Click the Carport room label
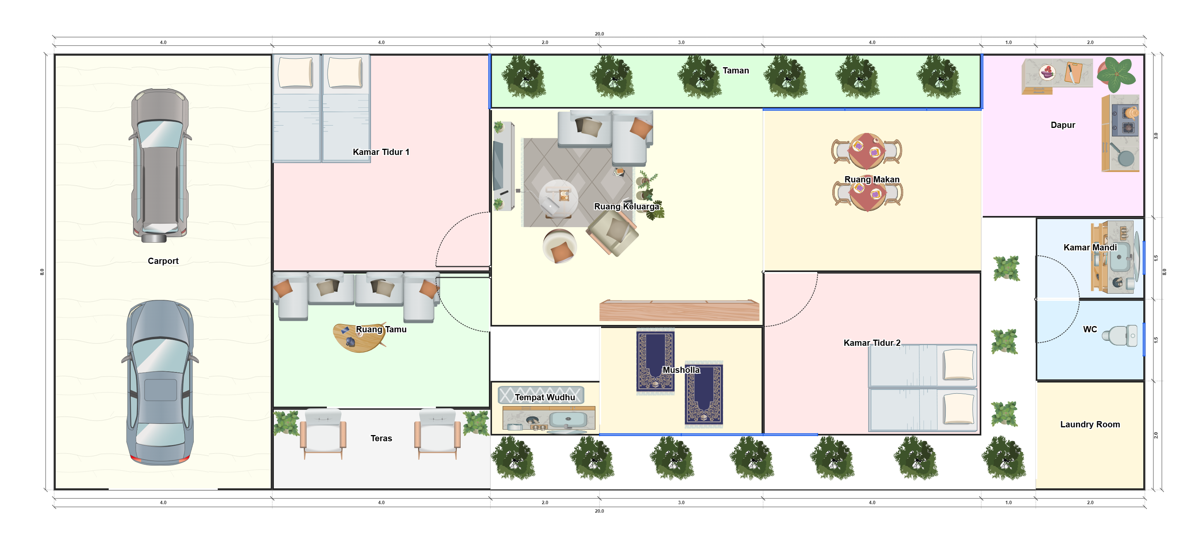tap(163, 261)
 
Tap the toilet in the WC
tap(1121, 335)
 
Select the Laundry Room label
tap(1090, 424)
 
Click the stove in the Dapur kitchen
tap(1126, 120)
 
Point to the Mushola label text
tap(681, 370)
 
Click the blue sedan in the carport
tap(160, 382)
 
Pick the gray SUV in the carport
tap(160, 165)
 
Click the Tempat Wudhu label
tap(545, 397)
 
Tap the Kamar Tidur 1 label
tap(381, 152)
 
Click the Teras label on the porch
tap(381, 438)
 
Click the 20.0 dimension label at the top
tap(599, 34)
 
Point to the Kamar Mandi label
tap(1090, 247)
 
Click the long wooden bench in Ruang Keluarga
tap(679, 310)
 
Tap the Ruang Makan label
tap(872, 180)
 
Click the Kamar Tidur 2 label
tap(872, 343)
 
